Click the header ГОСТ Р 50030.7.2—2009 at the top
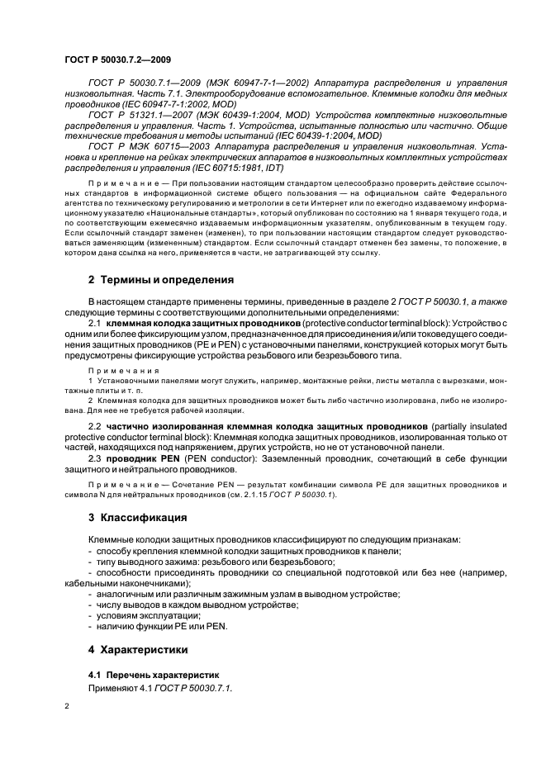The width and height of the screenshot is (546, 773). pos(117,60)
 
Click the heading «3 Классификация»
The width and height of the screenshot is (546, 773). pos(137,518)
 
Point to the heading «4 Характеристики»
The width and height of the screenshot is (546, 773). pos(139,649)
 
